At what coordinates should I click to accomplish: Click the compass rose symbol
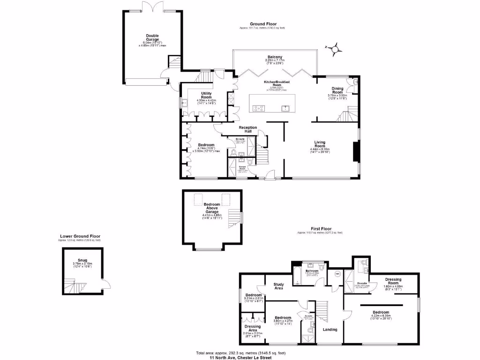click(x=335, y=47)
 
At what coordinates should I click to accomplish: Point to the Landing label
click(x=330, y=329)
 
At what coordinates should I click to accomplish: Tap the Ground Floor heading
click(x=262, y=23)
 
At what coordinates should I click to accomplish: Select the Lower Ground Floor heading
click(x=80, y=236)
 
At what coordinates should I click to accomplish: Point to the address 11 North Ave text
click(x=233, y=357)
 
